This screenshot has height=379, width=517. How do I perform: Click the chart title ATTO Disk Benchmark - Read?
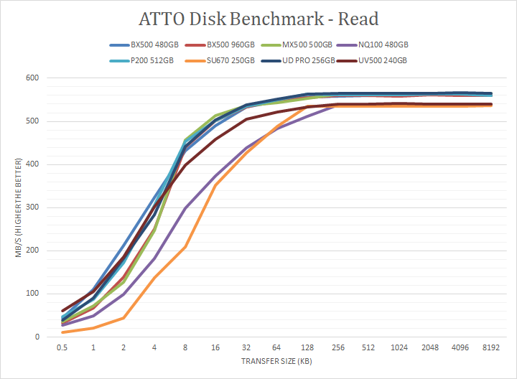258,18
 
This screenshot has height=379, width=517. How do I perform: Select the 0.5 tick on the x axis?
62,347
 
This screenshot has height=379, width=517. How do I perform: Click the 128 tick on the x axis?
308,347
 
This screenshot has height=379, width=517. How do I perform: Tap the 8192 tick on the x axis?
491,347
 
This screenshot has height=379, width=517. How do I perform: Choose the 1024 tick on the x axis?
400,347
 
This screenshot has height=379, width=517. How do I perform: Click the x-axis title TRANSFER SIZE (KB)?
276,362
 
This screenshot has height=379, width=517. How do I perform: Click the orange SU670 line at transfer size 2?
124,317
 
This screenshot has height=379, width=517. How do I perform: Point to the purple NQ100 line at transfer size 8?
185,209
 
